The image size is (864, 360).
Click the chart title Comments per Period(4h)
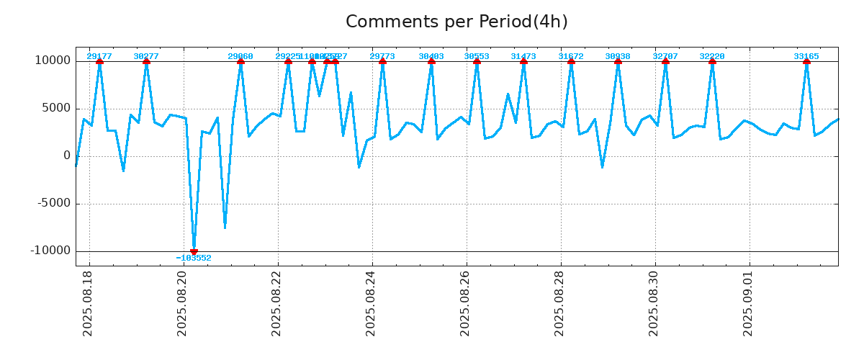click(456, 22)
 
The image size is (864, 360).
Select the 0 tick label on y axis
click(67, 156)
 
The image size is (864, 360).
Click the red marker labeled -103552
click(194, 251)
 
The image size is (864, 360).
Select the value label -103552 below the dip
click(194, 258)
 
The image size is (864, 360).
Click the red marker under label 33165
click(806, 61)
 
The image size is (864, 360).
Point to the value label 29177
click(99, 56)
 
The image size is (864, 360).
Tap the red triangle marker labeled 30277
click(146, 61)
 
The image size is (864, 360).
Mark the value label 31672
click(571, 56)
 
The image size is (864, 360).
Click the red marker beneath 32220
click(712, 61)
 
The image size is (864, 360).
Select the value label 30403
click(431, 56)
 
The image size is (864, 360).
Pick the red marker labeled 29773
click(382, 61)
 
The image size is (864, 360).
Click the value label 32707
click(665, 56)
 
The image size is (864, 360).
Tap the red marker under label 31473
click(523, 61)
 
